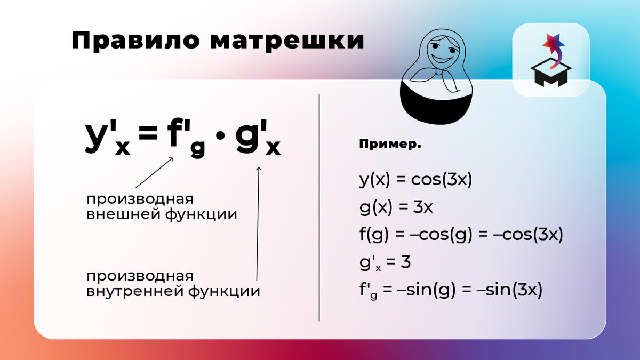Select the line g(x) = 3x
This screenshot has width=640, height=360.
[x=396, y=207]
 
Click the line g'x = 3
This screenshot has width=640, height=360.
[x=384, y=262]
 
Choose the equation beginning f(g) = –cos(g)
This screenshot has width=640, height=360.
[x=461, y=235]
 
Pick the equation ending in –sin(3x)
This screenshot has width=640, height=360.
[x=450, y=291]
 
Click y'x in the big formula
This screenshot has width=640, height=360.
[x=107, y=138]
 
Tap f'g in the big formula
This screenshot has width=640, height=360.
[x=186, y=139]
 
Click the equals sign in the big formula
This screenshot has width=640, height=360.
[x=149, y=138]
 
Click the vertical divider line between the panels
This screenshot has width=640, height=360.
[x=319, y=208]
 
